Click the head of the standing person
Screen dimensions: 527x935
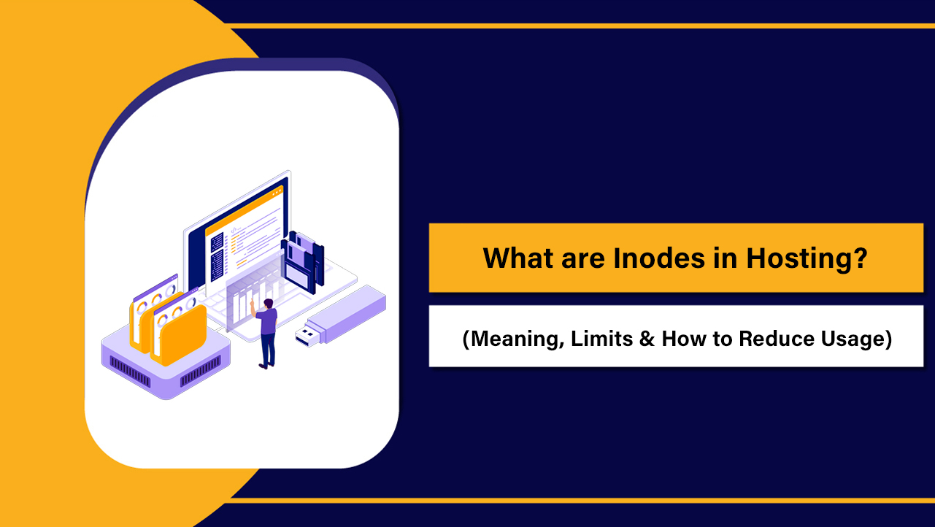tap(268, 303)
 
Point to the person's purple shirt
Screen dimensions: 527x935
tap(267, 321)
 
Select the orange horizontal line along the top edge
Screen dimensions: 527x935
tap(577, 26)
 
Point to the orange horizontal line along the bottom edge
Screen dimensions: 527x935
tap(577, 500)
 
